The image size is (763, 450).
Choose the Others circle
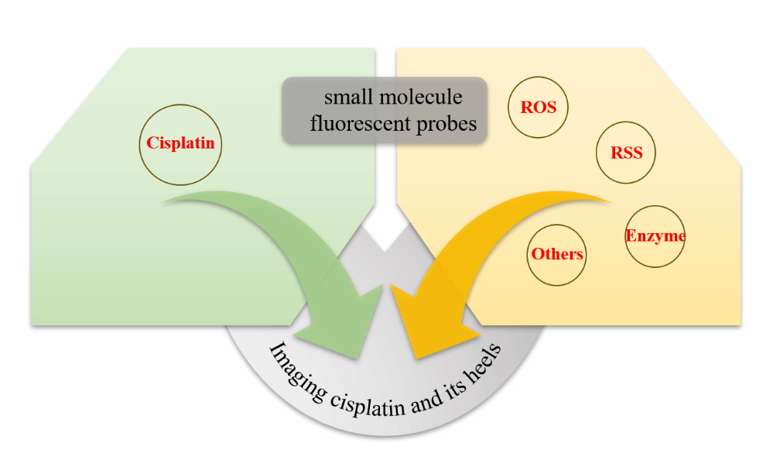[x=556, y=268]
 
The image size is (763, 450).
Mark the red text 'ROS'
[x=539, y=108]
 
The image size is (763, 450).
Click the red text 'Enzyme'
[x=655, y=235]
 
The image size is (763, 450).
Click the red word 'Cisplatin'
[x=181, y=143]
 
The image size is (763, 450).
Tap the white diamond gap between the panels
[x=385, y=228]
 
